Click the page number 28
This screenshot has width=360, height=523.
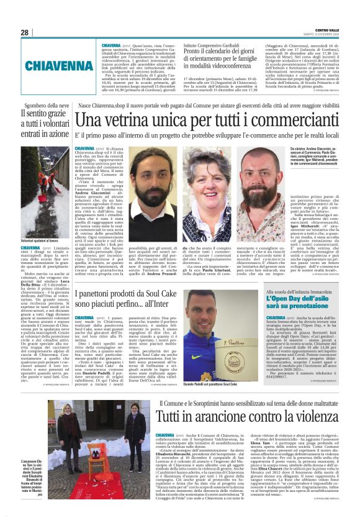[x=24, y=32]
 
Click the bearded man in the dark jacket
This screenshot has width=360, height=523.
[x=151, y=186]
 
